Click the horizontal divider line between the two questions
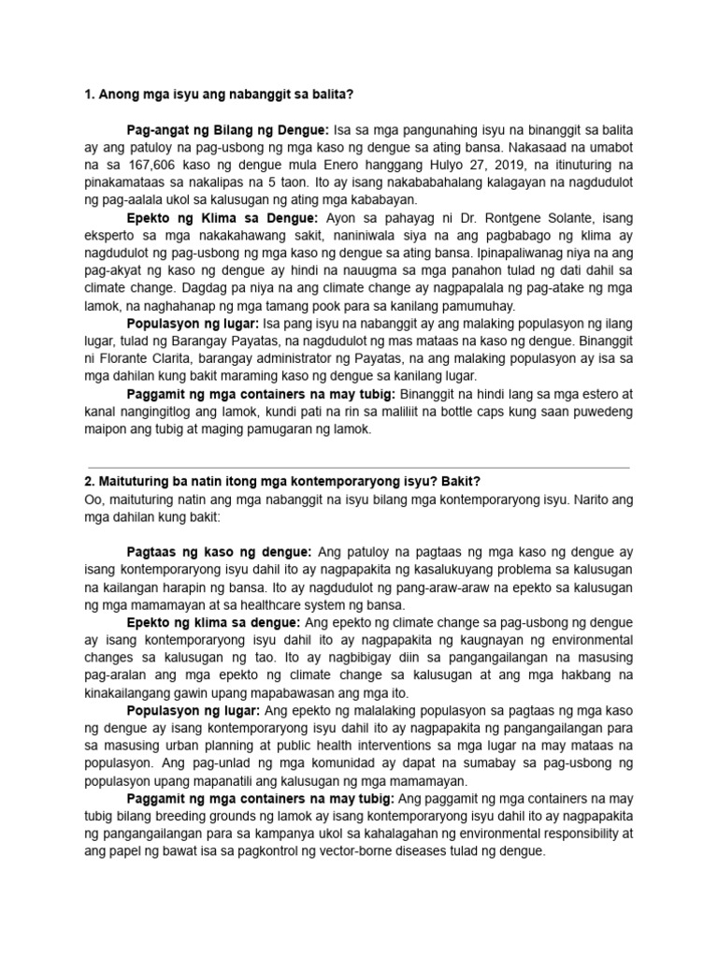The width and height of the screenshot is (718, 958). click(358, 467)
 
